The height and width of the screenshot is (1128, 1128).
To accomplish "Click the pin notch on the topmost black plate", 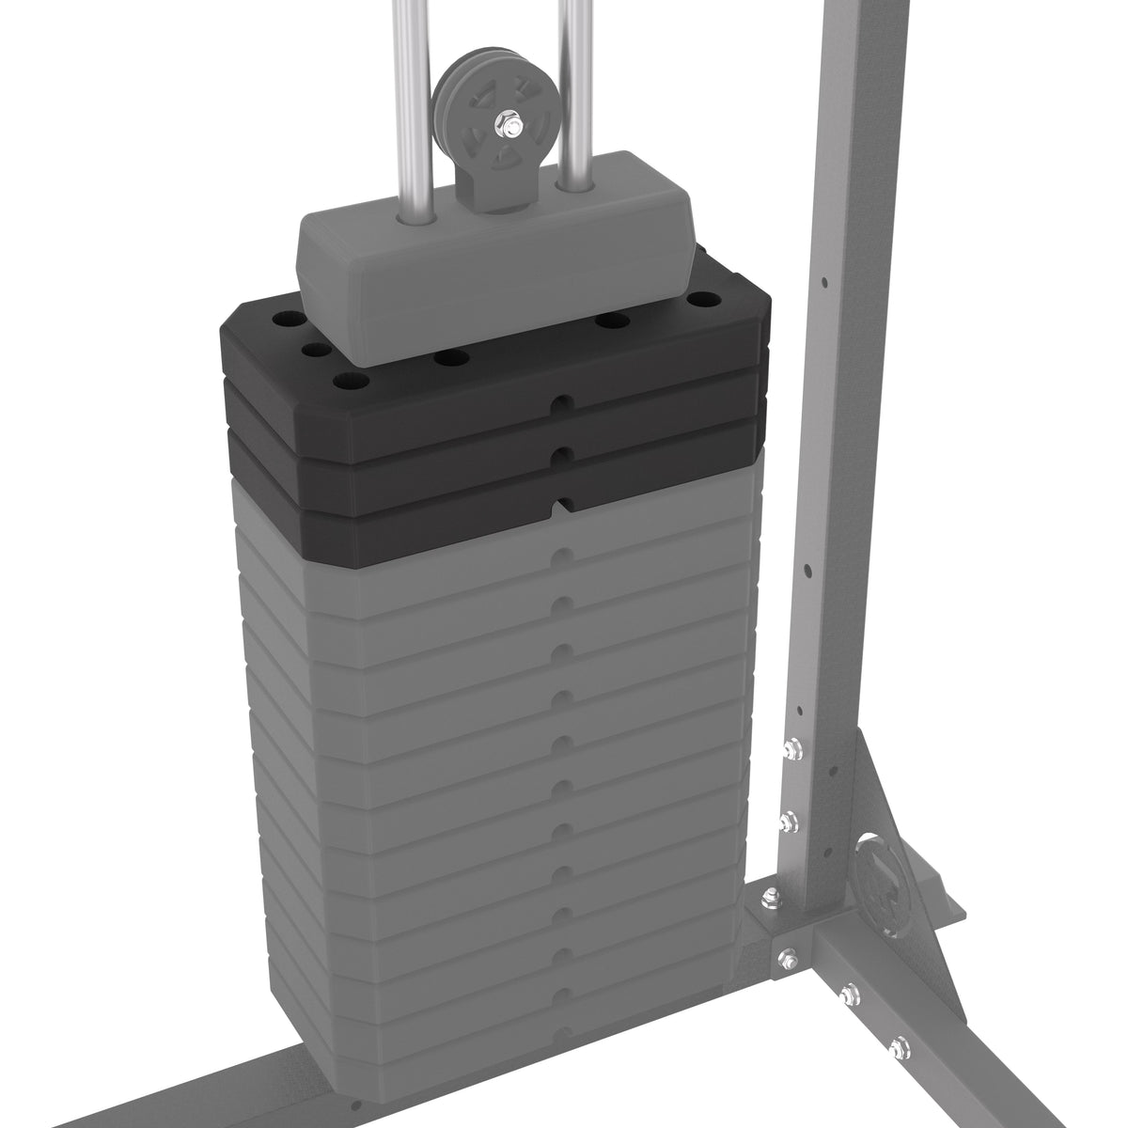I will coord(560,403).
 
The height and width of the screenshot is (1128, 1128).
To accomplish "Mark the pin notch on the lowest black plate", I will coord(561,506).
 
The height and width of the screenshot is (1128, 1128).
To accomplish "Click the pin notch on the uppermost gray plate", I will coord(561,555).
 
